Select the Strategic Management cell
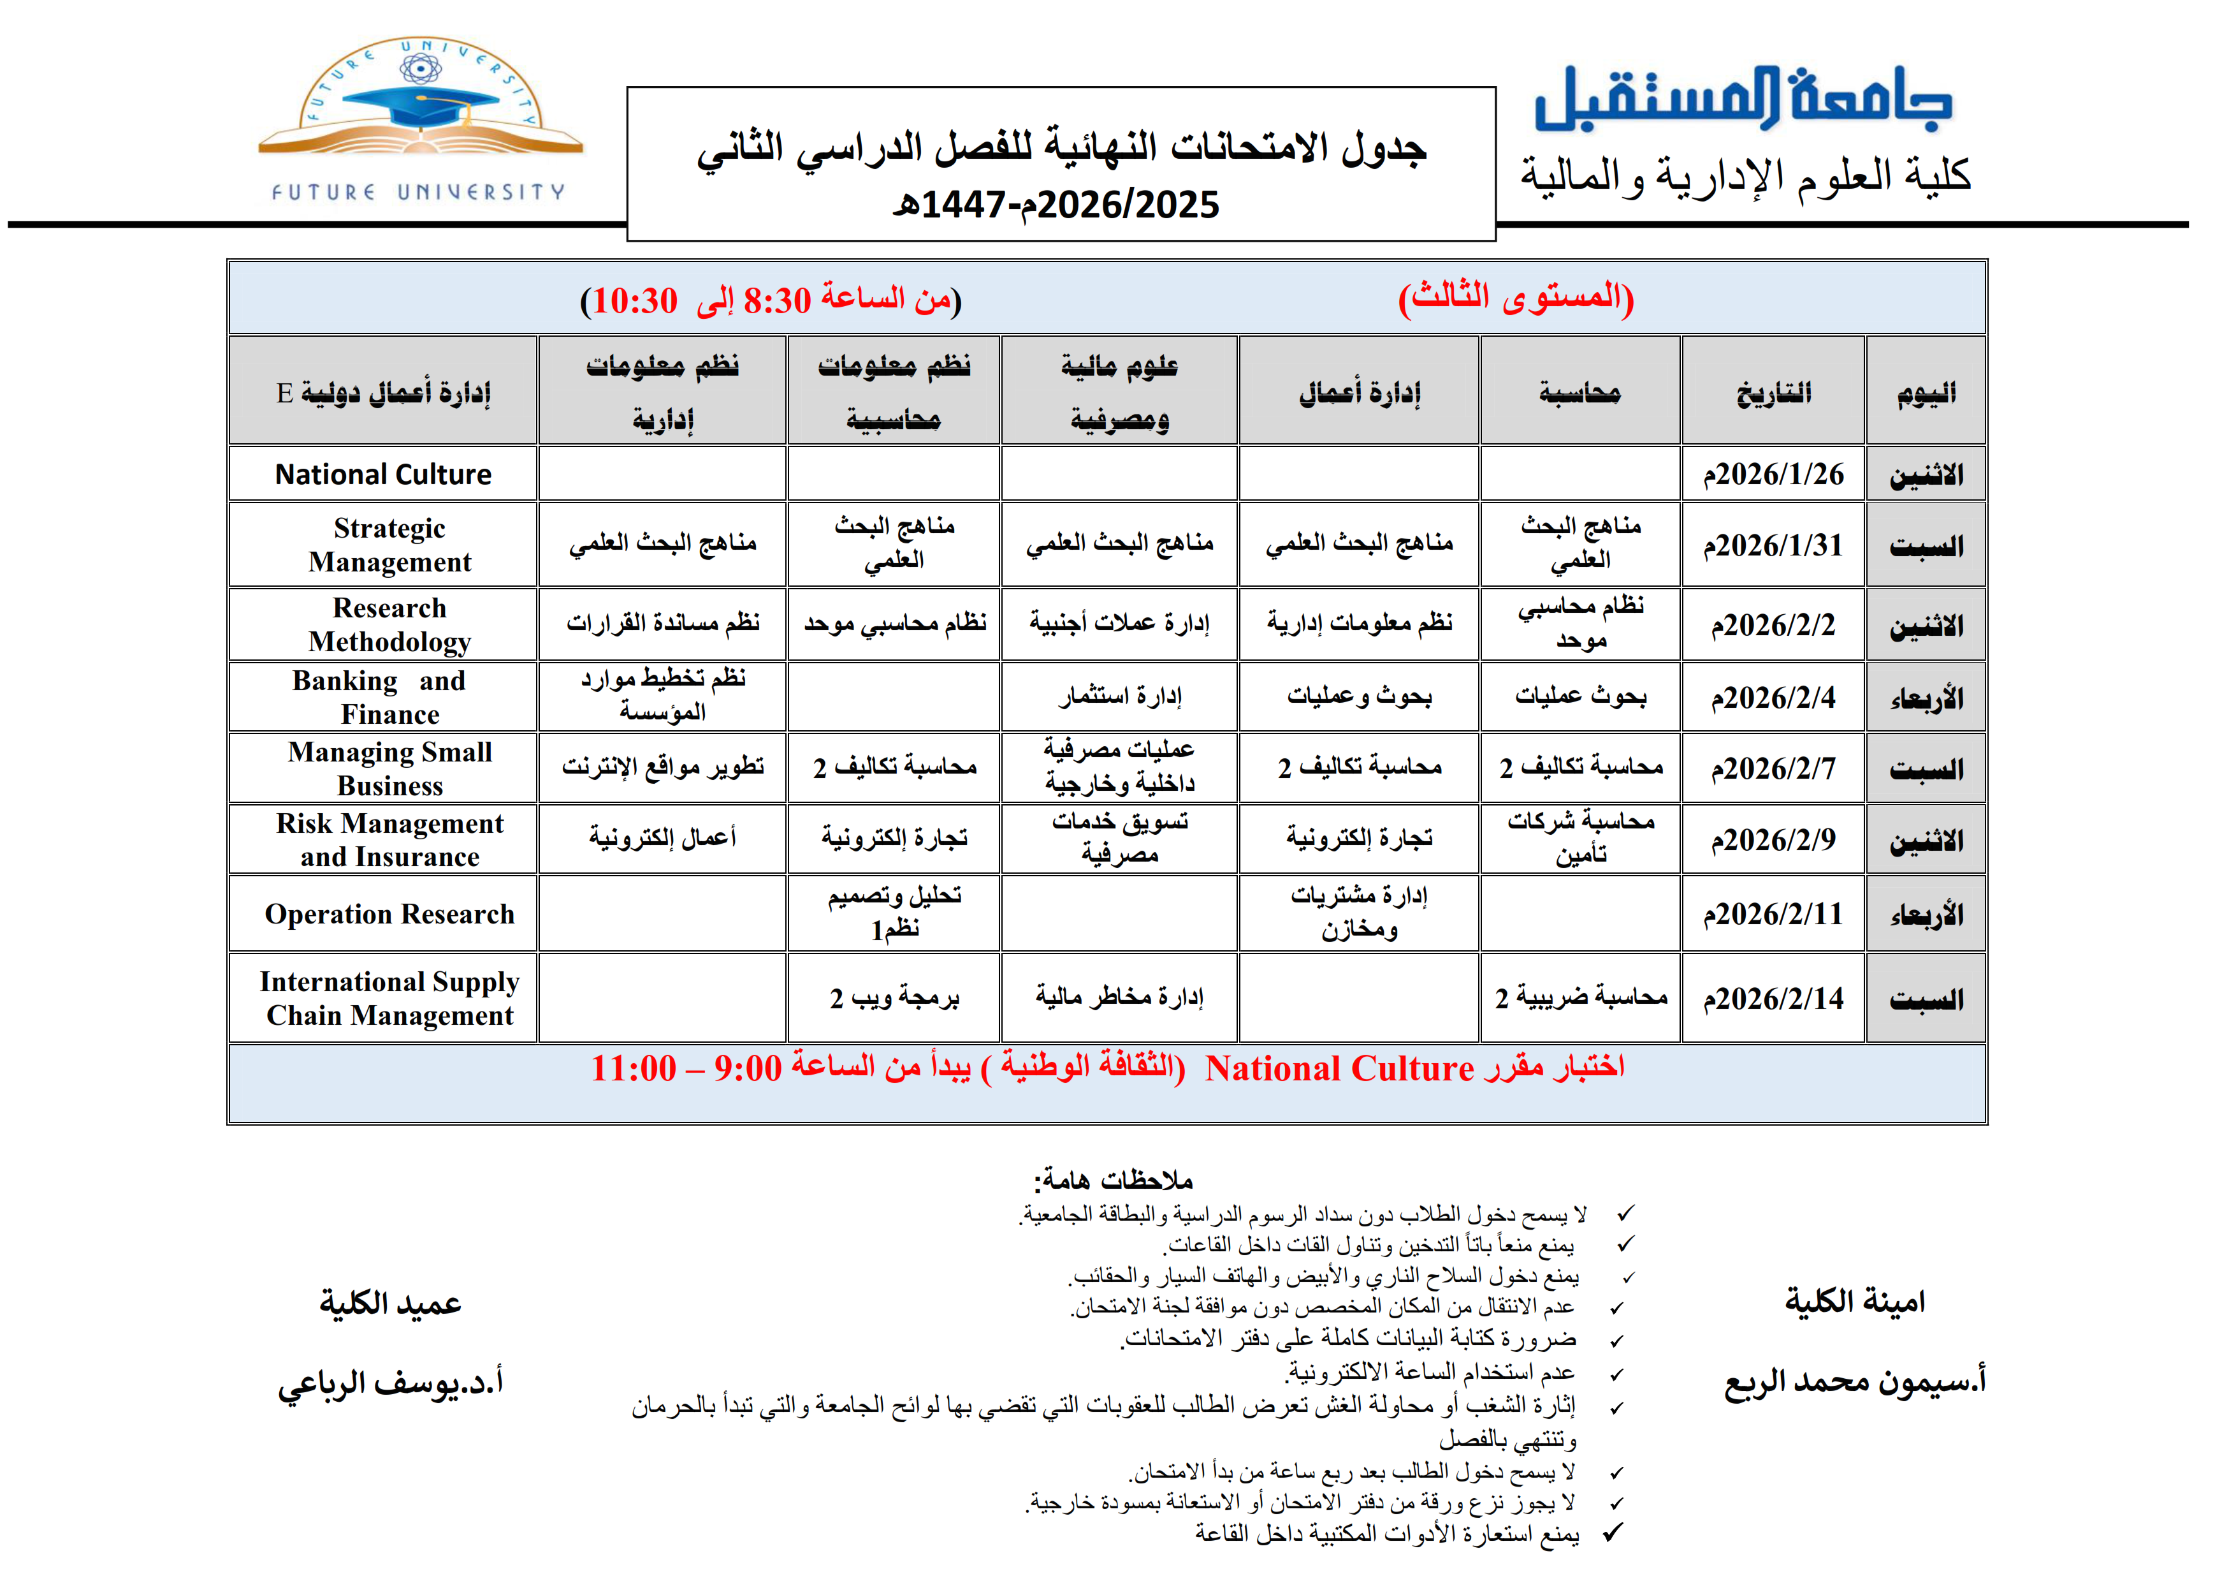click(x=389, y=545)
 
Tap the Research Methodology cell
click(x=389, y=624)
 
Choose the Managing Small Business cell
click(x=389, y=768)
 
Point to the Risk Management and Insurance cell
click(x=389, y=840)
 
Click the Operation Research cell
click(x=389, y=914)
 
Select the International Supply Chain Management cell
click(x=389, y=999)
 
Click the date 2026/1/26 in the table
click(x=1773, y=474)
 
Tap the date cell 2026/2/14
click(x=1773, y=999)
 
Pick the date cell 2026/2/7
click(x=1773, y=768)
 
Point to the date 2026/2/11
click(x=1773, y=914)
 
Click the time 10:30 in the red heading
click(x=634, y=301)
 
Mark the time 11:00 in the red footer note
click(x=633, y=1069)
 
